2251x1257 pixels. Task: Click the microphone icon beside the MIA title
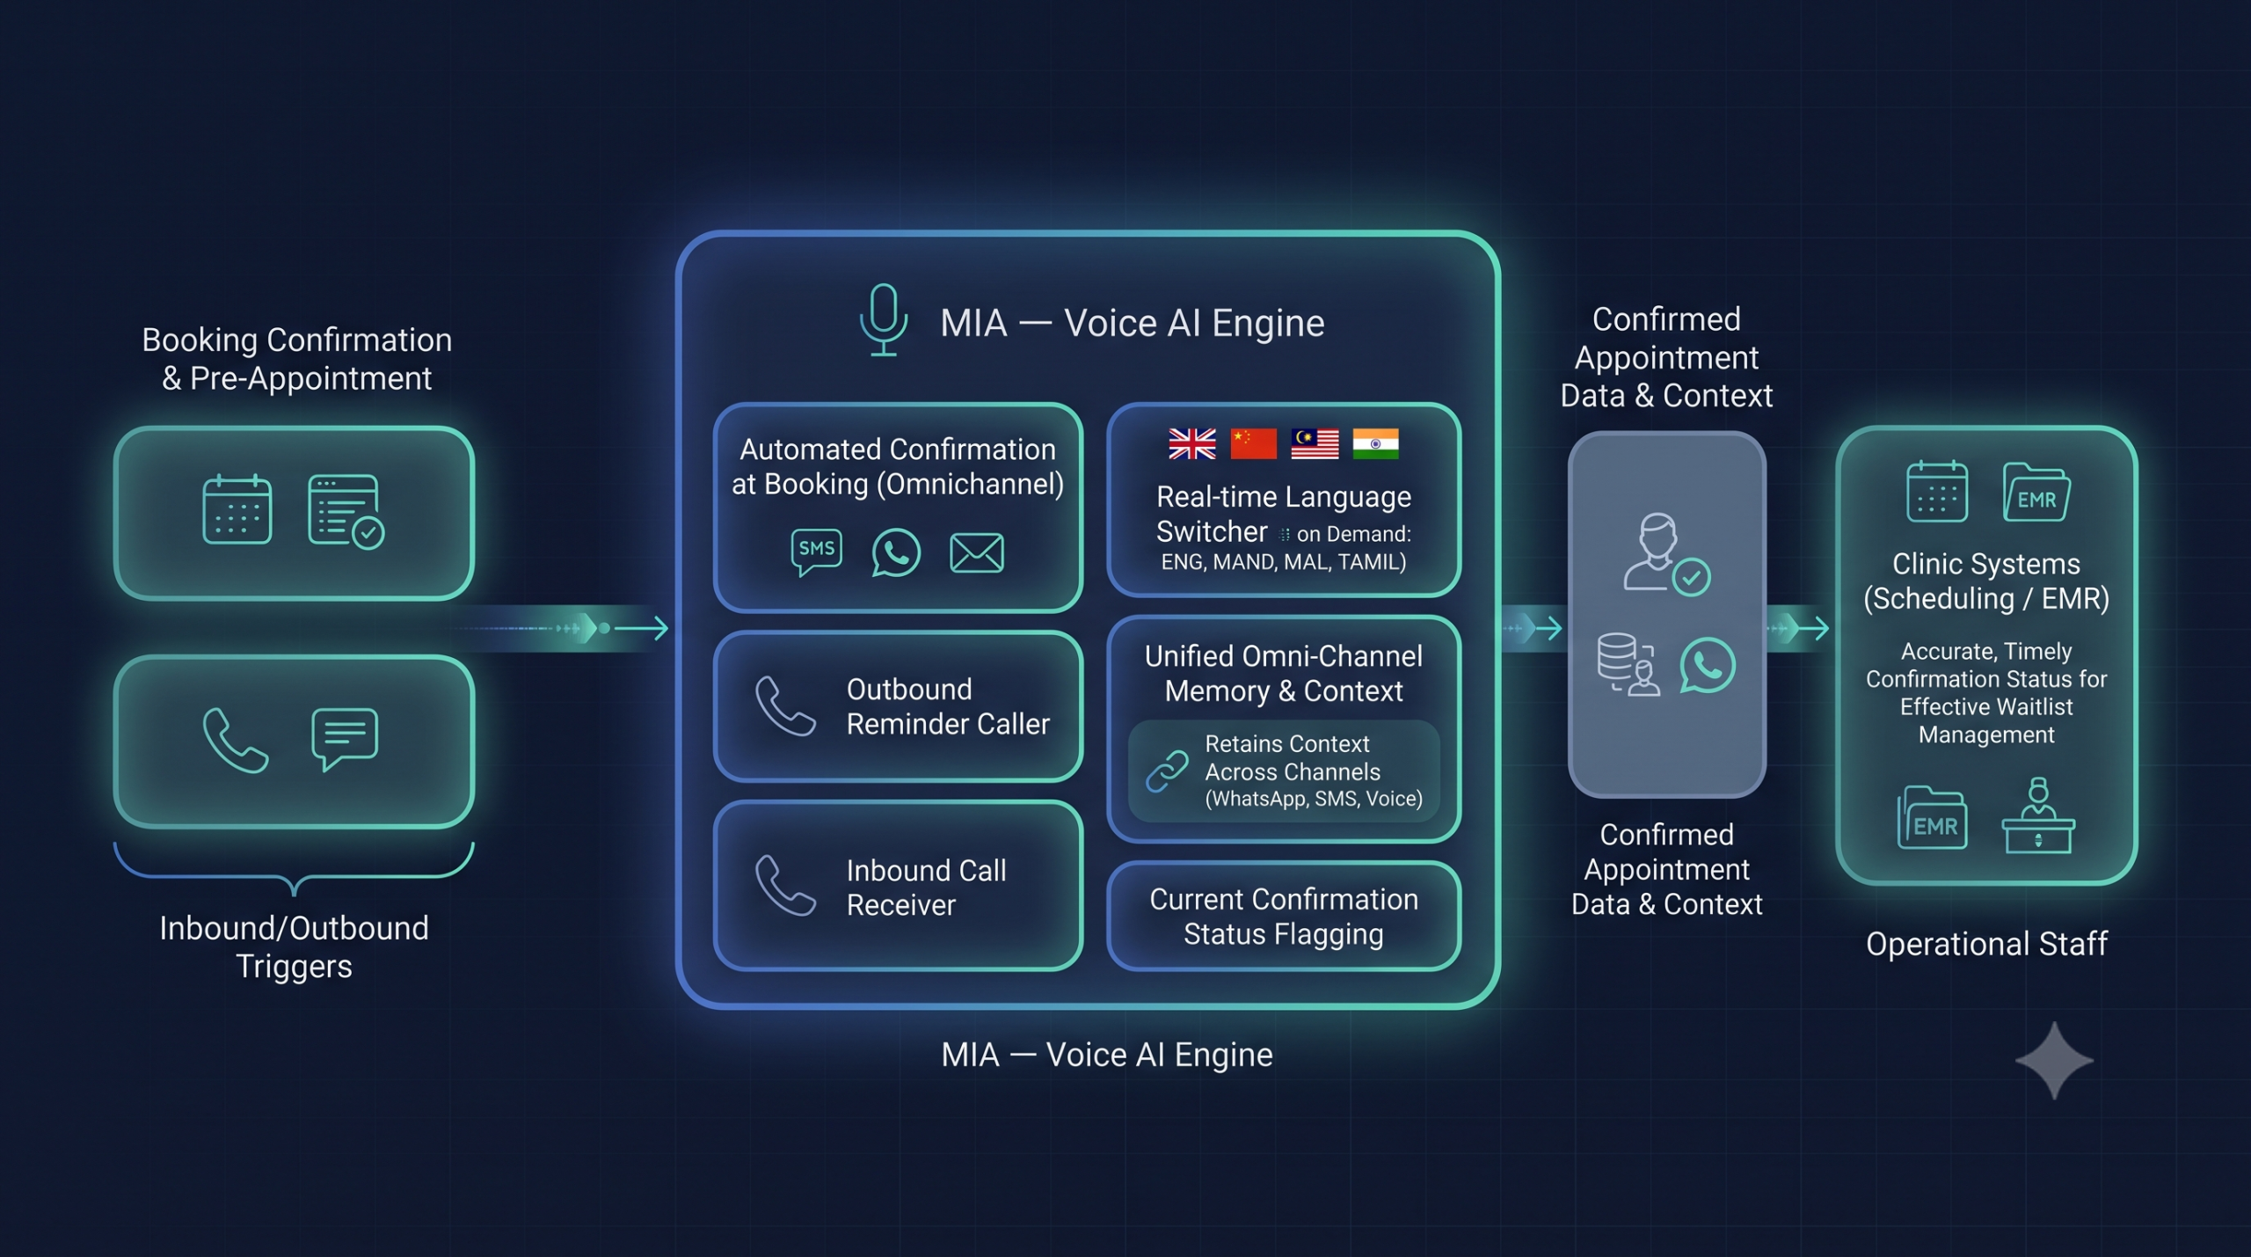(x=883, y=319)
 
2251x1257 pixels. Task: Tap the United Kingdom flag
(x=1192, y=444)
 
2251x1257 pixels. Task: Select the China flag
(x=1253, y=444)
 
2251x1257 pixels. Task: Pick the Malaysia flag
(x=1315, y=444)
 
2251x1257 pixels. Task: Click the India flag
(x=1375, y=444)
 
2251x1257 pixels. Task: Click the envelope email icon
(x=976, y=552)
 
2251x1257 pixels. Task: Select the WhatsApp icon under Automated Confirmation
(x=896, y=552)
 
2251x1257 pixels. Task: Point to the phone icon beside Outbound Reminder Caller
(x=785, y=705)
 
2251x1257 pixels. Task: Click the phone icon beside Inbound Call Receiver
(x=785, y=885)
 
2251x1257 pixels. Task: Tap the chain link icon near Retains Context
(x=1167, y=771)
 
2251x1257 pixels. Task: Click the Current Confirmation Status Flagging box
(x=1284, y=917)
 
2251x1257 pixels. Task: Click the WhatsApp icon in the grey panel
(x=1707, y=665)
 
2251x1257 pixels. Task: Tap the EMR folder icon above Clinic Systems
(x=2036, y=493)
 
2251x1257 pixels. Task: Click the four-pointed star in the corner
(x=2054, y=1060)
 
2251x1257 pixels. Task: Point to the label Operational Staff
(x=1986, y=944)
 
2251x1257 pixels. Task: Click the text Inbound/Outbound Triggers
(x=294, y=947)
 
